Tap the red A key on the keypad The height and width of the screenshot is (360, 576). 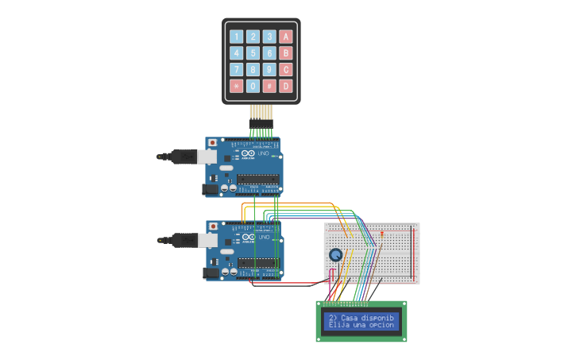point(285,37)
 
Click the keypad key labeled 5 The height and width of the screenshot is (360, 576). point(253,53)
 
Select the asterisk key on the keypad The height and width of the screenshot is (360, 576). point(236,86)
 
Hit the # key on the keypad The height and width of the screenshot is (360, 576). point(269,86)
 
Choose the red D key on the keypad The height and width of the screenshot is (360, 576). point(285,86)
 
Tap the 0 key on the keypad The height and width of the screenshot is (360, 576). point(253,86)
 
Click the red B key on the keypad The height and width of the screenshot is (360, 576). point(285,53)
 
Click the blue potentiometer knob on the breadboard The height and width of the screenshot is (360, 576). point(336,255)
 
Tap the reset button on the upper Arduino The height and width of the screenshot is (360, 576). point(212,143)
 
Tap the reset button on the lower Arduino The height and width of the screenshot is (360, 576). point(212,226)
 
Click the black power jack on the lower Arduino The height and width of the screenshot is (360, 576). point(211,273)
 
